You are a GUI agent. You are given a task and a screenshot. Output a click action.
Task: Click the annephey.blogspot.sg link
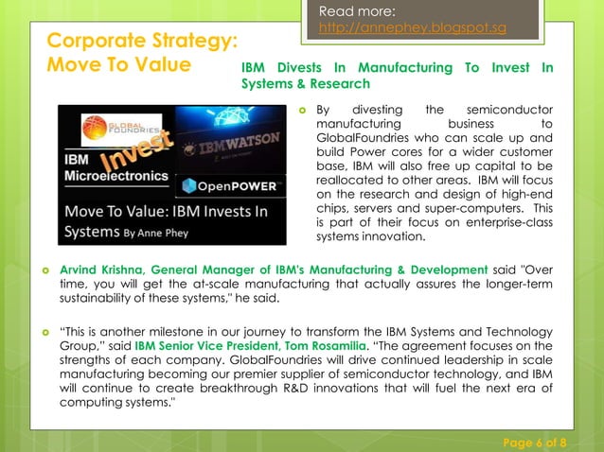click(x=412, y=27)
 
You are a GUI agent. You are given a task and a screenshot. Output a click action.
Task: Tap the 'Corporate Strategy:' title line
click(x=141, y=42)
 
